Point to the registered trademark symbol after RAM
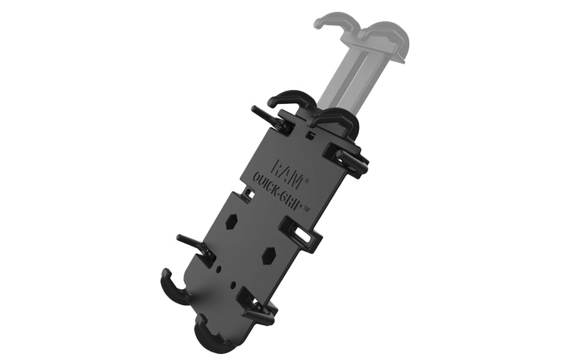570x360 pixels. tap(307, 181)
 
